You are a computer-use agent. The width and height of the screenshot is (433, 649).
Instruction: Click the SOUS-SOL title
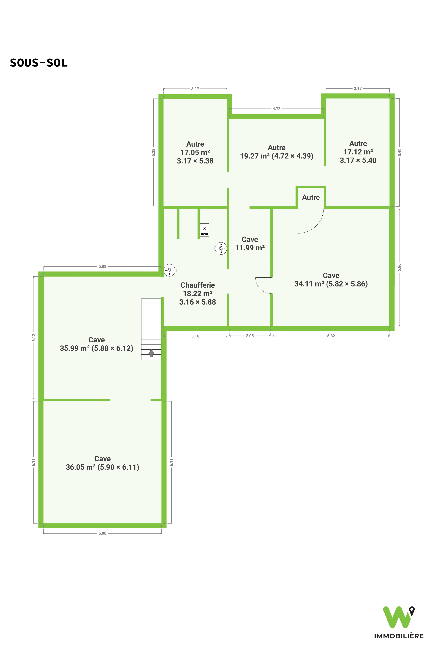(39, 63)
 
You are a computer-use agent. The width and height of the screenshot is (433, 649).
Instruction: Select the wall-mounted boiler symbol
(205, 230)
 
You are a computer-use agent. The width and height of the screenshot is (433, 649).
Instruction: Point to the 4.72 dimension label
(276, 109)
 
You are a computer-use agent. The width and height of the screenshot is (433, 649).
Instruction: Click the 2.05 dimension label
(250, 336)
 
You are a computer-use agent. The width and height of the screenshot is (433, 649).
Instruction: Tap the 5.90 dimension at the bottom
(102, 533)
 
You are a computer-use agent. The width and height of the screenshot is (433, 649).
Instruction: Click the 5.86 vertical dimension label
(399, 267)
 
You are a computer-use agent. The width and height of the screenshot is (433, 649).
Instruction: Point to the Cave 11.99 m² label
(250, 244)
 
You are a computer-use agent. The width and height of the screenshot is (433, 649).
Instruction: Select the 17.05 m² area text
(195, 152)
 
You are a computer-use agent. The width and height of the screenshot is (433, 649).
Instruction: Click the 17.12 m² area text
(358, 152)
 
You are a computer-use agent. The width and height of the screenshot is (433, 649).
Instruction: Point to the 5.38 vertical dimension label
(154, 152)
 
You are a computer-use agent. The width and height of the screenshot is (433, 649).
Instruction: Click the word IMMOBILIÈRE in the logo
(399, 636)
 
